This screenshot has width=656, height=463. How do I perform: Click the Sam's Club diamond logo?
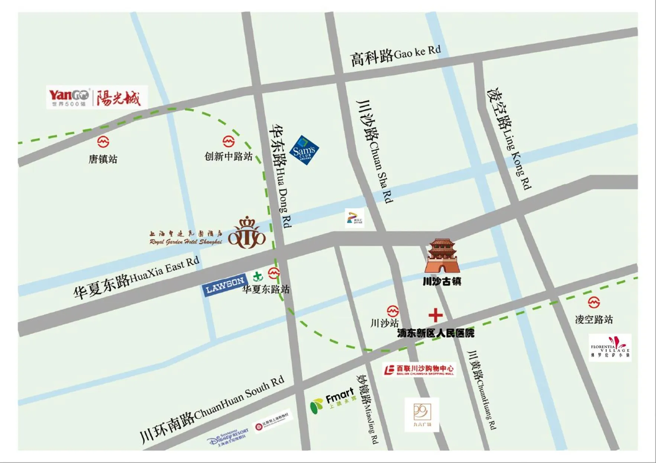click(304, 150)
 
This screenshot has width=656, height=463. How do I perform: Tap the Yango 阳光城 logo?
click(97, 97)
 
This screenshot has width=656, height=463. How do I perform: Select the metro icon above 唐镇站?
click(103, 142)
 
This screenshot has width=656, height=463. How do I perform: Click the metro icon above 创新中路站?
click(229, 141)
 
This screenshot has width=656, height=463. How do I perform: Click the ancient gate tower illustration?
click(442, 256)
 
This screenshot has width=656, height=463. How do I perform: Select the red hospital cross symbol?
click(435, 315)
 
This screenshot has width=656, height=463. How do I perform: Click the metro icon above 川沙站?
click(393, 311)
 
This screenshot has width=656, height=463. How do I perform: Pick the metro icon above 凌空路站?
click(594, 302)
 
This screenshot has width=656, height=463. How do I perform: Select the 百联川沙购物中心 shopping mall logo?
click(419, 370)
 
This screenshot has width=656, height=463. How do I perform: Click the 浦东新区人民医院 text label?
click(436, 333)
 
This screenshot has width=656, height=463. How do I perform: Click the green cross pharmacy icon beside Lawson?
click(258, 277)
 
